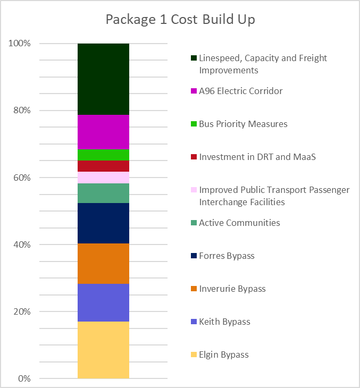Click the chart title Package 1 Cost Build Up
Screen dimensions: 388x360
click(180, 20)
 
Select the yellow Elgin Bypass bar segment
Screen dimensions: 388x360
click(103, 350)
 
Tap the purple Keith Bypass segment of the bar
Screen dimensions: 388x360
click(103, 302)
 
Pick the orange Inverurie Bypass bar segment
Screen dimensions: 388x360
click(103, 264)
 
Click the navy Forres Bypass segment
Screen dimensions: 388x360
click(103, 223)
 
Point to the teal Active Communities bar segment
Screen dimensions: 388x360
click(103, 193)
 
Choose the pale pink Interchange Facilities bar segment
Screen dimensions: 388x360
click(103, 178)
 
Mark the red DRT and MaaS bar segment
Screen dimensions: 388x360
click(103, 166)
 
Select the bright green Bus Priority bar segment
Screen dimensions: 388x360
click(103, 155)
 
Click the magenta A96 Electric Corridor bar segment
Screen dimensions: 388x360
click(103, 132)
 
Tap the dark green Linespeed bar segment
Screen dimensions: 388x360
click(103, 79)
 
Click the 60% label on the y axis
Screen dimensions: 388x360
click(21, 178)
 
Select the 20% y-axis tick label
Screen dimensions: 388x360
click(21, 311)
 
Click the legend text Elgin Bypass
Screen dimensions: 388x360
click(224, 355)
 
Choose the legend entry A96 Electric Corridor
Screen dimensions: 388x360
click(241, 91)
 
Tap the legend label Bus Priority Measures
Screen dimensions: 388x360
click(243, 124)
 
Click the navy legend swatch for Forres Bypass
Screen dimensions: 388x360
click(194, 256)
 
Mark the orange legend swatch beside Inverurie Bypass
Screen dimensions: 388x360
click(194, 289)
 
